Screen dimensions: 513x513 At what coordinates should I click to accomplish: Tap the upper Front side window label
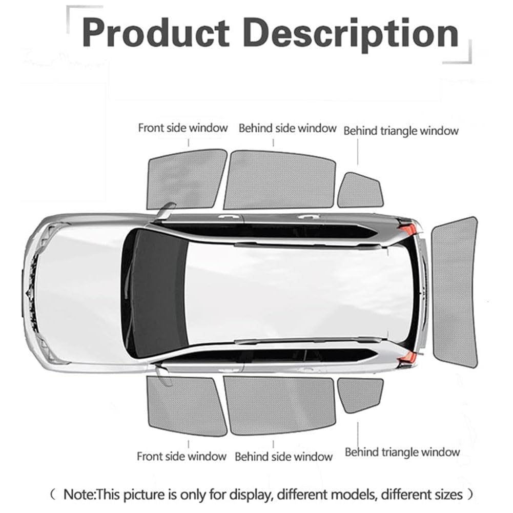182,128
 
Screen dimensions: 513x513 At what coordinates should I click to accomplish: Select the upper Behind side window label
287,128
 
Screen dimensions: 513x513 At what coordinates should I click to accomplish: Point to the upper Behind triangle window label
401,131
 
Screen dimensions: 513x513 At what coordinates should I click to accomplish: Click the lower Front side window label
181,456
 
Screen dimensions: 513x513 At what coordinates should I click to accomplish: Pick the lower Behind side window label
283,456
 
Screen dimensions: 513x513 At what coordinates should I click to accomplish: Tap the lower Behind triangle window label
402,452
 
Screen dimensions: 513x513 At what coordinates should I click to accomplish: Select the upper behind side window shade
280,180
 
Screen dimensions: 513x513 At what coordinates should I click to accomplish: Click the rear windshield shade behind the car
455,291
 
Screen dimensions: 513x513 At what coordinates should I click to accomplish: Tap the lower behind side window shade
280,404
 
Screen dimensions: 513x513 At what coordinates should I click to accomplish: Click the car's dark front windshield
154,292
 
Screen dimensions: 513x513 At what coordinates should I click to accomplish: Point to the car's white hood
77,292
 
